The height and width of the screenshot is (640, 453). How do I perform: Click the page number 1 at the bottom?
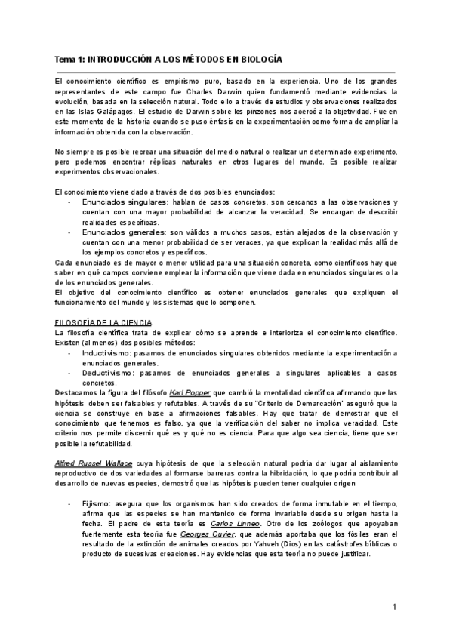coord(395,607)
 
